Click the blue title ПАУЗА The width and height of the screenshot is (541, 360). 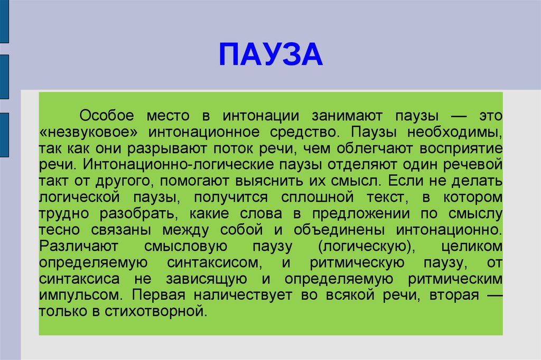(271, 54)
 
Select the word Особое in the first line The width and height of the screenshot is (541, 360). (107, 116)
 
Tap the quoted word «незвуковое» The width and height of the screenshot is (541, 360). (88, 132)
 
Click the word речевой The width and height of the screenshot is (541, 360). (473, 165)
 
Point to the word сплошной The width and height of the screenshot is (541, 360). (318, 197)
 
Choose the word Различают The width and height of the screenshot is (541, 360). (79, 247)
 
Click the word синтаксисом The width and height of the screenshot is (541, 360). (214, 263)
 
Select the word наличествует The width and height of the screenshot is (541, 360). (243, 296)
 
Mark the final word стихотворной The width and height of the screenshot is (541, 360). (156, 312)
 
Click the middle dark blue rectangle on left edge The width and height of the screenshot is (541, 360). (4, 77)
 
